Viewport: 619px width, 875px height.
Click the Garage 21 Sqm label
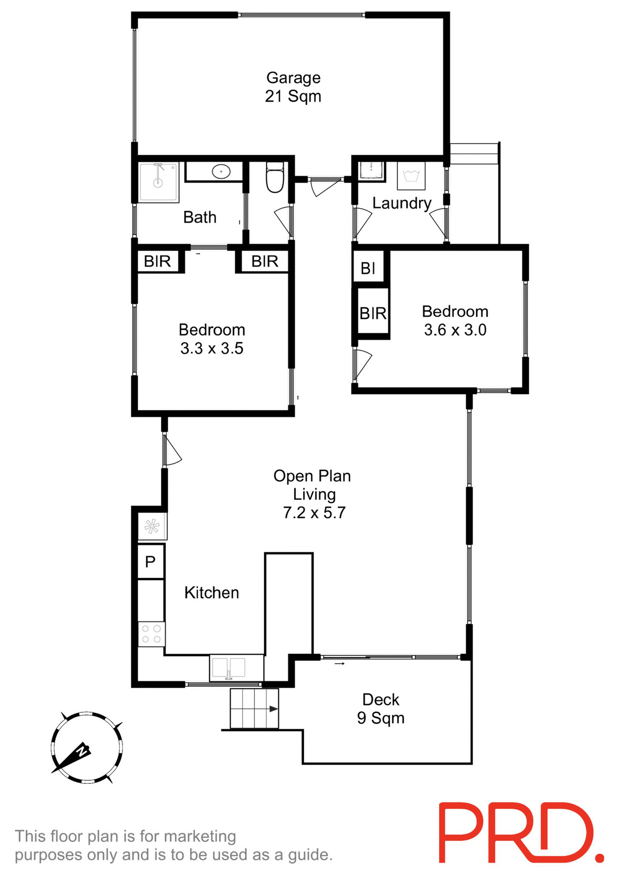coord(293,87)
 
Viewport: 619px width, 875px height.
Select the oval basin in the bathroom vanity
coord(222,172)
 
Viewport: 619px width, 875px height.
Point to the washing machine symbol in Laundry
coord(411,175)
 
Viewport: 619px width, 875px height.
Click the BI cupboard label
coord(368,268)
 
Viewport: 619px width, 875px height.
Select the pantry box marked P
coord(150,562)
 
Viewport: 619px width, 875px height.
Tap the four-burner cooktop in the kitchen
coord(151,634)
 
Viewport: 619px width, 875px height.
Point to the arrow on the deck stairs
coord(273,709)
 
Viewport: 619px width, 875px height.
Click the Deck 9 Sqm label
coord(381,709)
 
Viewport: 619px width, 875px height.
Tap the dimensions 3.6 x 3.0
coord(455,330)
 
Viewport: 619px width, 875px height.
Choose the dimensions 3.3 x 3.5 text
coord(211,349)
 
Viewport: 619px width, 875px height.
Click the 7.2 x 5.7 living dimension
coord(314,513)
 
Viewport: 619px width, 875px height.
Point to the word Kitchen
coord(211,592)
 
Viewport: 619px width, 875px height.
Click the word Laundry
coord(402,203)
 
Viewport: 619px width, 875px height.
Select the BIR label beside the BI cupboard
coord(373,313)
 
